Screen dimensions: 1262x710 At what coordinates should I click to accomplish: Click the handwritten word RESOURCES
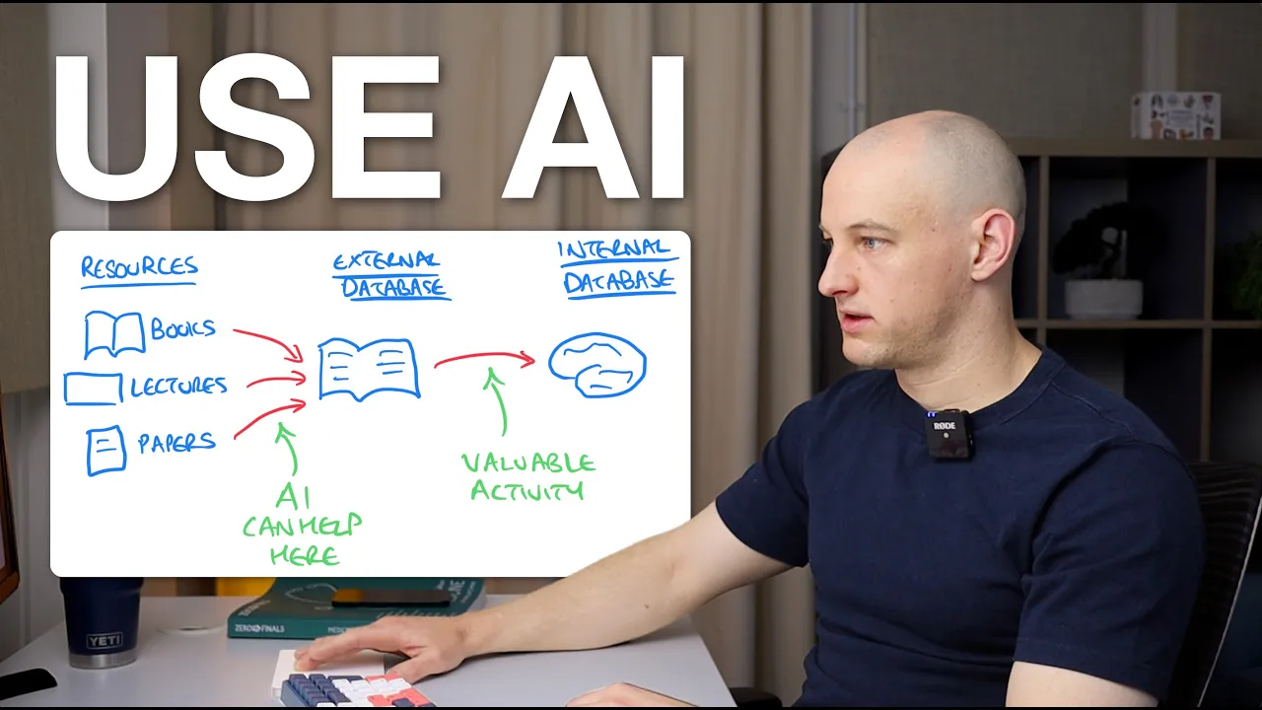click(139, 267)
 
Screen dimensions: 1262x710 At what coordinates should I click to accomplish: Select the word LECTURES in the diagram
click(178, 386)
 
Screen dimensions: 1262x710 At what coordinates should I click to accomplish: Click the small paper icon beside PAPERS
click(105, 450)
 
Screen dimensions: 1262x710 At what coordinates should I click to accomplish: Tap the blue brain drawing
click(596, 364)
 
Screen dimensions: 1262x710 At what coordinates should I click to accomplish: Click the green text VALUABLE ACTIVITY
click(527, 475)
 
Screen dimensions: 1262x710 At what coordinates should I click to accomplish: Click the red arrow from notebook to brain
click(483, 357)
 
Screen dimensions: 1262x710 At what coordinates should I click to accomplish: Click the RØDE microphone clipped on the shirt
click(949, 434)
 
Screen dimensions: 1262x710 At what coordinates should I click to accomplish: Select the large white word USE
click(247, 129)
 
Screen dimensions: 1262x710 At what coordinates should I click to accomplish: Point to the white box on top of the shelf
click(1174, 115)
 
